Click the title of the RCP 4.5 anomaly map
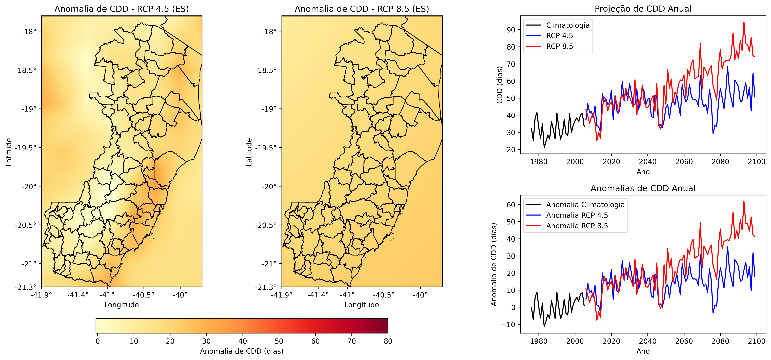click(122, 9)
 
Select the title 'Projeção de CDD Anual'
click(643, 9)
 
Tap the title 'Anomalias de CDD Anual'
click(643, 188)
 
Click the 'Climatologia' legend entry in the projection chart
click(567, 25)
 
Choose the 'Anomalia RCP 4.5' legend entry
click(577, 215)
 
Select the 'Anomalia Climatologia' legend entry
click(585, 205)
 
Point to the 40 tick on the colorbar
click(242, 341)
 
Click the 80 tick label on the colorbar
click(388, 341)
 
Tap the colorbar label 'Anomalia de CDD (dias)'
click(242, 351)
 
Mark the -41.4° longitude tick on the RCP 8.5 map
click(318, 295)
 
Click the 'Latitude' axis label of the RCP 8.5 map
click(249, 152)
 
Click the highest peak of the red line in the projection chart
click(744, 22)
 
